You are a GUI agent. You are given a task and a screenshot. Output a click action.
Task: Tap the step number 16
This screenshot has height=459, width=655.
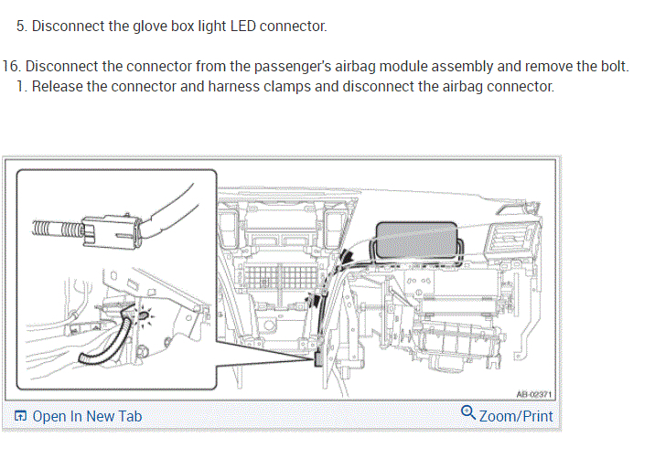point(11,69)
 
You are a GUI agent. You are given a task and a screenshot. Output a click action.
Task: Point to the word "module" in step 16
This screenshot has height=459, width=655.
point(435,69)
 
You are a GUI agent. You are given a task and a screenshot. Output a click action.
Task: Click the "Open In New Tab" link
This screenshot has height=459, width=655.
point(87,416)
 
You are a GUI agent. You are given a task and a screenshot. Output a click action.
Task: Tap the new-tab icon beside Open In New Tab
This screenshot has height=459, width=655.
point(20,416)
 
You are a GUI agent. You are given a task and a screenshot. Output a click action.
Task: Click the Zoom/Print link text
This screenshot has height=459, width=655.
point(516,416)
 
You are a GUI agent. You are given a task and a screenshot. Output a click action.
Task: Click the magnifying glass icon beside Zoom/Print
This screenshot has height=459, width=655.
point(468,413)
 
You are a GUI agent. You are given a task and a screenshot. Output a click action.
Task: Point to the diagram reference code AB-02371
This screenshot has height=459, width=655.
point(534,394)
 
